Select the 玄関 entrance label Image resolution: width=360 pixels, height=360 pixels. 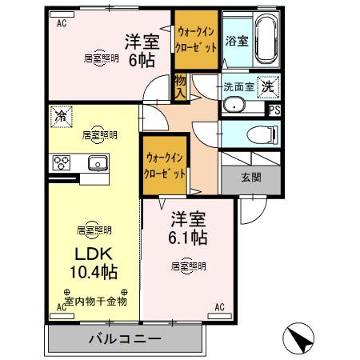pos(250,178)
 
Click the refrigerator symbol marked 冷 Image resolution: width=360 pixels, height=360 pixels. pos(61,117)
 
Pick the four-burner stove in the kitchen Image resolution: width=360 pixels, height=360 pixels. pos(62,163)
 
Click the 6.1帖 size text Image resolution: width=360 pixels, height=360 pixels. pos(189,237)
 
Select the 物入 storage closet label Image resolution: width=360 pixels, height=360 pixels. pos(180,87)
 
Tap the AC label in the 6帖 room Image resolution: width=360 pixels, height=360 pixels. pos(61,23)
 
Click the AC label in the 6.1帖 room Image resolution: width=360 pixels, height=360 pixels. pos(219,306)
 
